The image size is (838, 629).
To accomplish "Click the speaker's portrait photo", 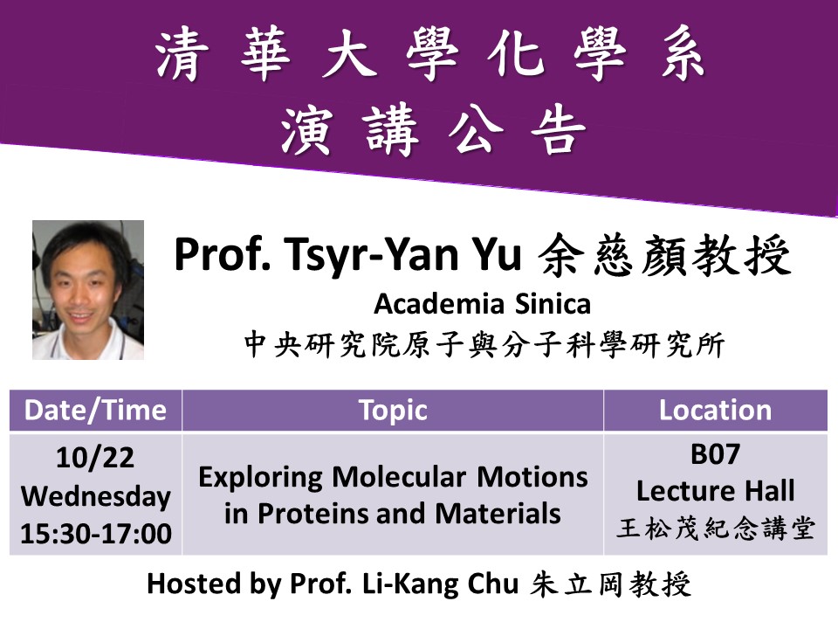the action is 88,290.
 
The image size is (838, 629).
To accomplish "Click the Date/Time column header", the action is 96,411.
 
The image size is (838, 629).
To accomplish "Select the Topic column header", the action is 393,411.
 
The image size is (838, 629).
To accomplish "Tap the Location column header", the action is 715,411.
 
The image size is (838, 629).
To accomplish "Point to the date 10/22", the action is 95,458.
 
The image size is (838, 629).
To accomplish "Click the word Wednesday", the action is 96,497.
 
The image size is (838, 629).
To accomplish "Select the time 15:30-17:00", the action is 96,533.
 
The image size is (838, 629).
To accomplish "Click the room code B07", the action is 715,454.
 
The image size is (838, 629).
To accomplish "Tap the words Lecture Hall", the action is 715,490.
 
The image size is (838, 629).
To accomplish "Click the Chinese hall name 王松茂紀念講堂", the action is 715,528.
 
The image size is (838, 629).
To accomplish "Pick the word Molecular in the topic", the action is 399,477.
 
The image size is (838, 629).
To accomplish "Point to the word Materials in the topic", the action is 498,514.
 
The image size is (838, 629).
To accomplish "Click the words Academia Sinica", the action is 482,304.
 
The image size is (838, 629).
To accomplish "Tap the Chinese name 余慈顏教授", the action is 665,256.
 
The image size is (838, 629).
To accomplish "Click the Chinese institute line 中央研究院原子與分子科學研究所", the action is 484,344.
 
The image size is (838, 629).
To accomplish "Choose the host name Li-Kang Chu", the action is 440,584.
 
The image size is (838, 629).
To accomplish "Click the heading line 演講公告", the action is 433,130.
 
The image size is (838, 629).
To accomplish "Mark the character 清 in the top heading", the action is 182,55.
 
